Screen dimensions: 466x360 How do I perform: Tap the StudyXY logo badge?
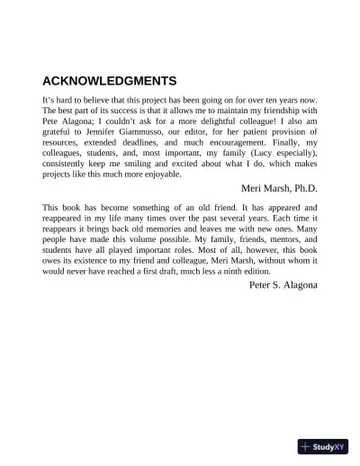323,445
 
